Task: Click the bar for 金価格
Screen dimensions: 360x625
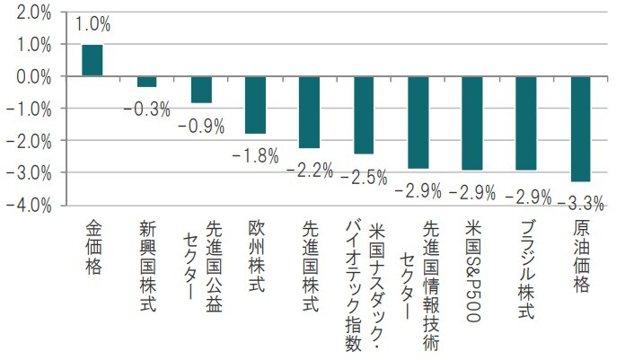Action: [x=92, y=60]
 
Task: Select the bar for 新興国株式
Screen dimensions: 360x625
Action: [x=146, y=82]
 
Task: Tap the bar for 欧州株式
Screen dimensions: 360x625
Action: [x=255, y=105]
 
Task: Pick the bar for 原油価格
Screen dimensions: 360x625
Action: [x=580, y=129]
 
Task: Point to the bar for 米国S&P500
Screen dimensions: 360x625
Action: [x=471, y=123]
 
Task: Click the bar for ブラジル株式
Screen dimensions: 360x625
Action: [x=526, y=123]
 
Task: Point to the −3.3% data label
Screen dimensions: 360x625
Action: [x=580, y=200]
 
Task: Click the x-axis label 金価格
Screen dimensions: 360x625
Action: [x=92, y=246]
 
